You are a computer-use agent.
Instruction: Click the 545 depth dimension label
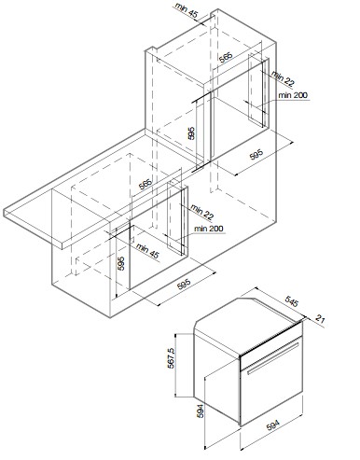(292, 301)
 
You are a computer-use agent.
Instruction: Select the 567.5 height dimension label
(171, 358)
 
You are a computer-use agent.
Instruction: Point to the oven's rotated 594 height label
(201, 411)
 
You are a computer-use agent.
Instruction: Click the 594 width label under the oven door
(273, 425)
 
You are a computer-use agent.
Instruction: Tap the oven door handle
(273, 358)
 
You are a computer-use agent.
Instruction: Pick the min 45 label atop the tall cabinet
(187, 10)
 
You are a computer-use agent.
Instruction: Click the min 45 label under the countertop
(147, 251)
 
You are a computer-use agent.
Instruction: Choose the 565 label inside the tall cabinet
(226, 58)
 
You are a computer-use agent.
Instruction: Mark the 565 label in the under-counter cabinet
(145, 184)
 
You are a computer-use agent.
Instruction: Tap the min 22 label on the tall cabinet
(283, 78)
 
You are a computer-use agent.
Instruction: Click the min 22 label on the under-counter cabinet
(202, 212)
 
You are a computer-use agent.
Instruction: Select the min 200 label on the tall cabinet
(293, 95)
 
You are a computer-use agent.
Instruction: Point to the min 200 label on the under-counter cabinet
(209, 229)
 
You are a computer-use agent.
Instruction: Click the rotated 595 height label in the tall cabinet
(191, 133)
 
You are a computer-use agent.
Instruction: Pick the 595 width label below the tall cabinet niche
(256, 155)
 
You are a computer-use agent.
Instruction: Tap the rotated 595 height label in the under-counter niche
(121, 263)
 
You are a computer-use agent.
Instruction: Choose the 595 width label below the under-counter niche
(184, 285)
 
